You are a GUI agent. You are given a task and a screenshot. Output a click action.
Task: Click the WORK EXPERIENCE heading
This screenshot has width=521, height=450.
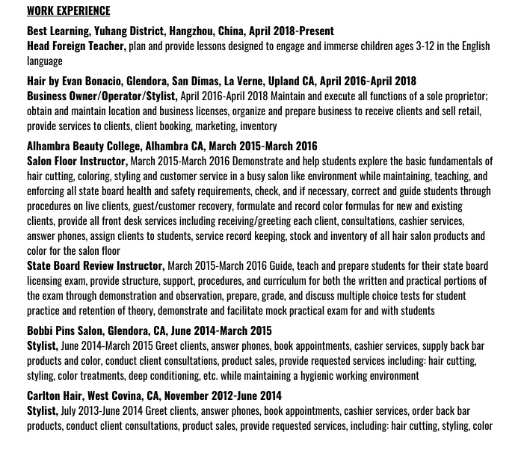68,10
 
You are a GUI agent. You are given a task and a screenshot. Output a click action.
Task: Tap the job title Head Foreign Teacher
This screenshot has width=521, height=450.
75,46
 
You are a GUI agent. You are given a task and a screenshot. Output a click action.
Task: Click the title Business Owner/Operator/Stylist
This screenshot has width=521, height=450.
102,96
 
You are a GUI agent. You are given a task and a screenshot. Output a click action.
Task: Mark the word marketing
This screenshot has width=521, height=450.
215,126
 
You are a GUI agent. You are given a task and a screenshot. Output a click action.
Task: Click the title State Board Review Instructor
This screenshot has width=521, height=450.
95,265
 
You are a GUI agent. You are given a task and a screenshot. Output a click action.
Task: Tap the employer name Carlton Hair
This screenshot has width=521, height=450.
54,395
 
